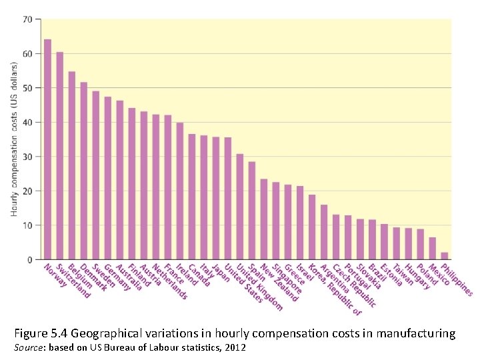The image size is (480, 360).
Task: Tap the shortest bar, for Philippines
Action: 444,256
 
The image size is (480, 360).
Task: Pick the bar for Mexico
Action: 432,249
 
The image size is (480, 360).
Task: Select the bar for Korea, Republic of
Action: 312,227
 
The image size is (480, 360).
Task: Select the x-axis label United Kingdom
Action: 265,287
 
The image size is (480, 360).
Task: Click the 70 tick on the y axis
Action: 27,19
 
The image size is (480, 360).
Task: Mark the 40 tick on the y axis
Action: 27,123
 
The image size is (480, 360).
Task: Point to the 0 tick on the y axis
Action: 29,260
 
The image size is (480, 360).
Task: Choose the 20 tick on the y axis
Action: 27,191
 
